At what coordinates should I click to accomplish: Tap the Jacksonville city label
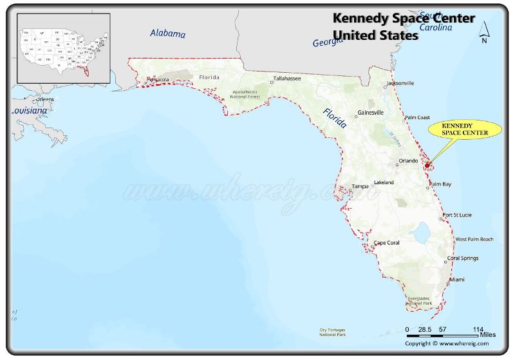tap(400, 83)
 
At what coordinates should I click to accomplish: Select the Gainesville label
tap(371, 112)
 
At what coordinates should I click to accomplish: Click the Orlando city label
tap(408, 160)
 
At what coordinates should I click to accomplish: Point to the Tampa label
tap(360, 186)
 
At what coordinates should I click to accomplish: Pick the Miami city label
tap(457, 279)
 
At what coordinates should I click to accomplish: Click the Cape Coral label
tap(387, 243)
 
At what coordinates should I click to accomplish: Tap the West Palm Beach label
tap(474, 240)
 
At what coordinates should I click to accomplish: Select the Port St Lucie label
tap(458, 214)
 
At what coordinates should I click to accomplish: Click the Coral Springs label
tap(463, 258)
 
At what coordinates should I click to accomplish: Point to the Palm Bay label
tap(441, 184)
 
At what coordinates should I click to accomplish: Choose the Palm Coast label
tap(417, 117)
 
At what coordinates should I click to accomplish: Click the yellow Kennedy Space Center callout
tap(464, 129)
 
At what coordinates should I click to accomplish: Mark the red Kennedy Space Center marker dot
tap(427, 166)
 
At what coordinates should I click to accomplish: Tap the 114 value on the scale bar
tap(478, 328)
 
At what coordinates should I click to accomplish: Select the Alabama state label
tap(167, 33)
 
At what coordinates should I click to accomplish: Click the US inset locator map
tap(63, 48)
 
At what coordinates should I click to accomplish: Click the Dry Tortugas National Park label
tap(333, 332)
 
